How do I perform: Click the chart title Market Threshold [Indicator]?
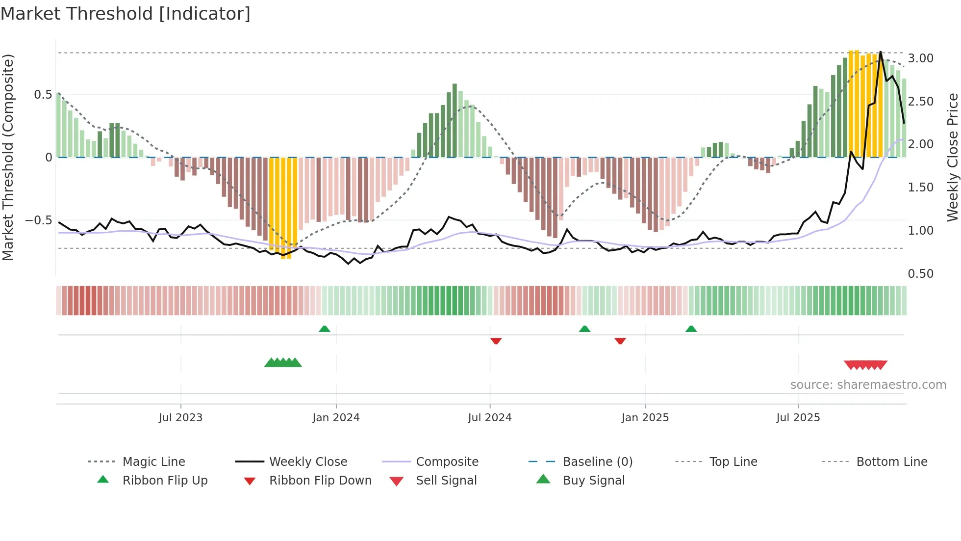pyautogui.click(x=126, y=14)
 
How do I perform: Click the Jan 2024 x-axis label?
pyautogui.click(x=336, y=418)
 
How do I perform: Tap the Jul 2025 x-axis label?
pyautogui.click(x=798, y=418)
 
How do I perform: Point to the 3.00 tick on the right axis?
pyautogui.click(x=920, y=58)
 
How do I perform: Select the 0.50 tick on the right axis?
pyautogui.click(x=920, y=274)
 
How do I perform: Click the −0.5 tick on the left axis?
pyautogui.click(x=39, y=220)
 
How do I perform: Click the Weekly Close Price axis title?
pyautogui.click(x=952, y=157)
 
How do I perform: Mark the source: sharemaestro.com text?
pyautogui.click(x=868, y=385)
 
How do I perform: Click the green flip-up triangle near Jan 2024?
pyautogui.click(x=324, y=329)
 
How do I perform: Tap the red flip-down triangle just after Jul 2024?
pyautogui.click(x=496, y=340)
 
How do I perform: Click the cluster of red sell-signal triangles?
pyautogui.click(x=865, y=365)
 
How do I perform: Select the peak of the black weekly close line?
pyautogui.click(x=881, y=52)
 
